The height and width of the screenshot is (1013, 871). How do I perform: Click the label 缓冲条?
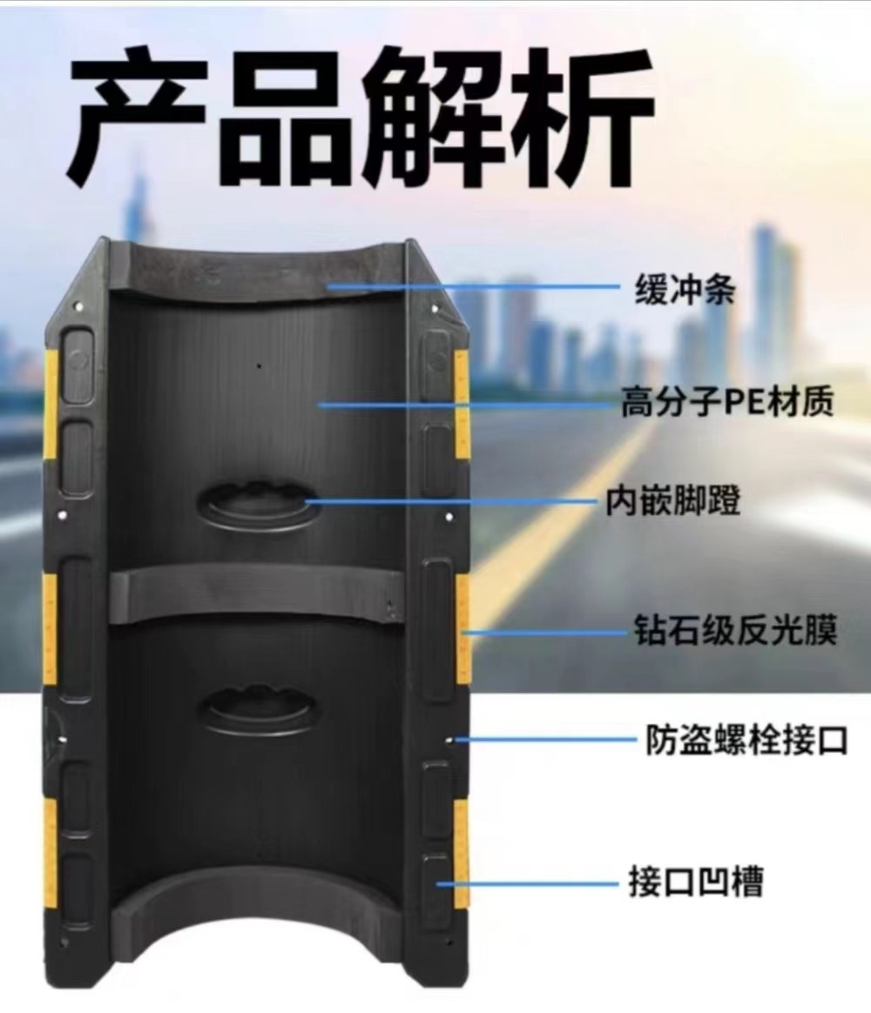click(684, 289)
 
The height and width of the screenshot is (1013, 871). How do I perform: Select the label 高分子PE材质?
click(727, 403)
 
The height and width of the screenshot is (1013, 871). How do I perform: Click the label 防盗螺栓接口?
click(746, 741)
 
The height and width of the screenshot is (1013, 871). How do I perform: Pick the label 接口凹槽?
click(695, 882)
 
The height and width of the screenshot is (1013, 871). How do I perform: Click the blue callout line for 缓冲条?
click(475, 285)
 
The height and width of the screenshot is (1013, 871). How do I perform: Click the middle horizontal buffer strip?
click(257, 595)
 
